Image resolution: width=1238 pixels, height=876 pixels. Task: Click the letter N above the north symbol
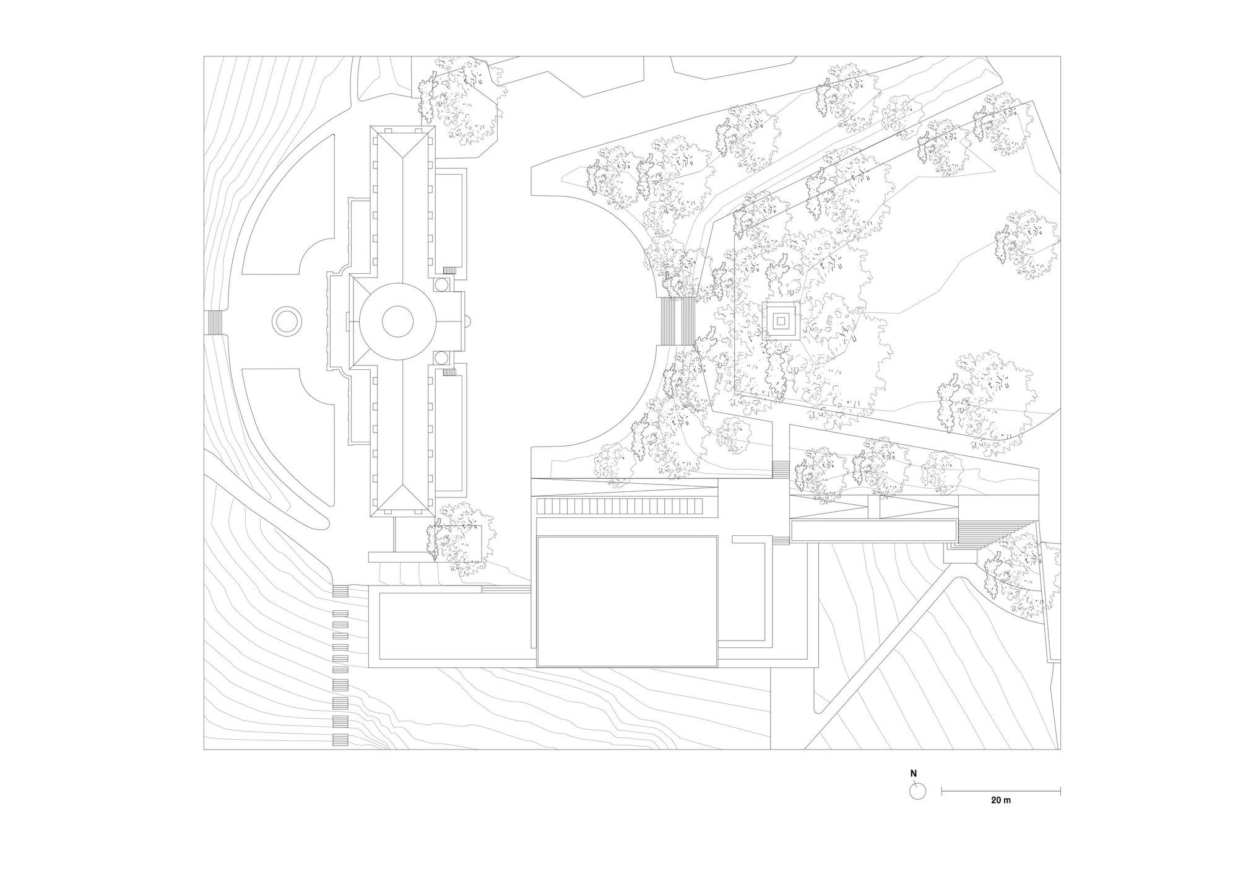coord(913,774)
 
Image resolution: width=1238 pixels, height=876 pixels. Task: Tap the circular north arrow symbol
coord(917,791)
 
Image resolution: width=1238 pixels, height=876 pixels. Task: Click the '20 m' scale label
coord(1001,800)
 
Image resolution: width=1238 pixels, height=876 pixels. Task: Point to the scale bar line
coord(1001,790)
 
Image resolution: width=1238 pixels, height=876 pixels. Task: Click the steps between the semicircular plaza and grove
coord(678,321)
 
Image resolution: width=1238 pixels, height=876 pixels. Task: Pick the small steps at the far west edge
coord(213,322)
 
